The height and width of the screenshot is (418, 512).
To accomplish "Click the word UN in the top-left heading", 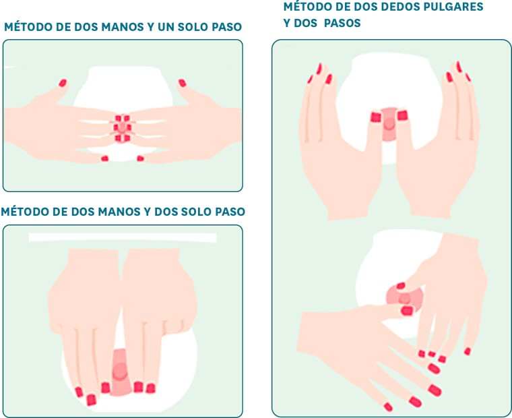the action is pos(166,27).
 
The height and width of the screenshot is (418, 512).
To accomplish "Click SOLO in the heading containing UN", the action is pos(193,27).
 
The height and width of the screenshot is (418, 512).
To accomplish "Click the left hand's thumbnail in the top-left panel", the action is pos(63,83).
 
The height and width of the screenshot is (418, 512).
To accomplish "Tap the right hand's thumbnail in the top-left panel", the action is pos(182,83).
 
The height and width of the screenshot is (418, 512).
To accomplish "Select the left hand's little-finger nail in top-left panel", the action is pos(104,158).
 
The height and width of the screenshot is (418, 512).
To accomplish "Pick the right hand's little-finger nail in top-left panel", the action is pos(140,158).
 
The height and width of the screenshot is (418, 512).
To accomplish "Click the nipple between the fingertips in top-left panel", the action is pos(123,127).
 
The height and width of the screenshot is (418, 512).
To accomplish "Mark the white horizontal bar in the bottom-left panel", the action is pos(123,237).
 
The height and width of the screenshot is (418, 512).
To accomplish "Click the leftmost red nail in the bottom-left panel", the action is pos(79,392).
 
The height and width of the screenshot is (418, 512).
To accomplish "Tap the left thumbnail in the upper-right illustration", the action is pos(376,117).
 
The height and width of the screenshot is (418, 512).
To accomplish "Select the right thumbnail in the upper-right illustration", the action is pos(402,115).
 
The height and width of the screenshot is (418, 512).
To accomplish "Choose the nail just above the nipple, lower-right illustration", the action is pos(401,286).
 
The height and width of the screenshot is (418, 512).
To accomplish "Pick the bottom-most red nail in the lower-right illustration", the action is pos(388,407).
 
